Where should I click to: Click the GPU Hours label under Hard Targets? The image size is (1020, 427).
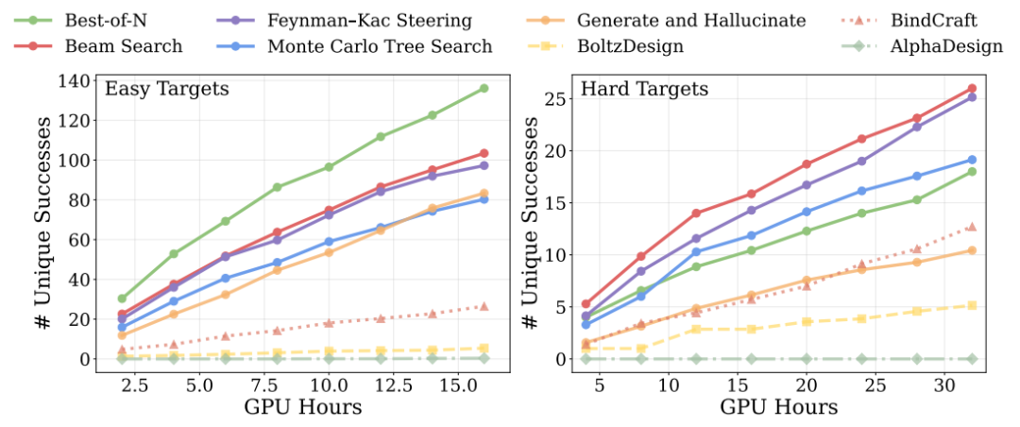778,408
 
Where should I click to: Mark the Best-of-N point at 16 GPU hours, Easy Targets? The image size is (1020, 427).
484,89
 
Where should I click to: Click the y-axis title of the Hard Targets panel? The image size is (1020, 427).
532,227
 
